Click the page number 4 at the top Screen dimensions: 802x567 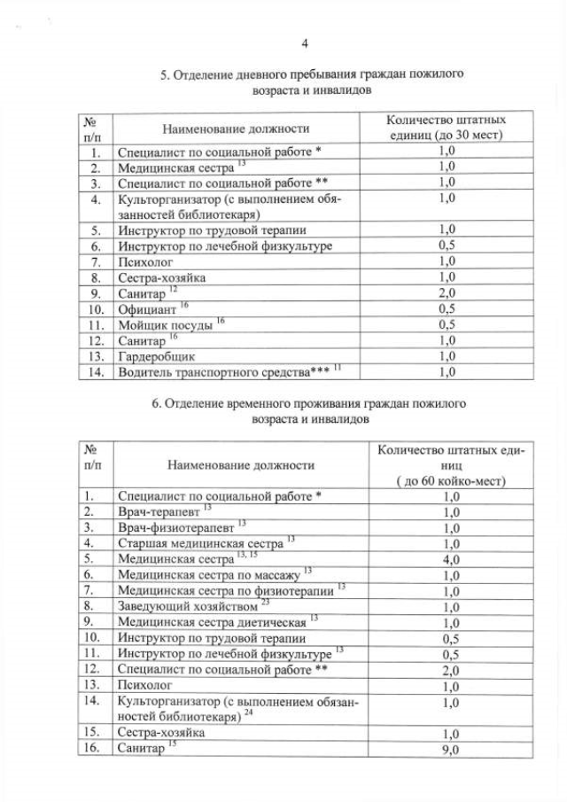click(x=305, y=43)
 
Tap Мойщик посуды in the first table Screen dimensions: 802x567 click(x=165, y=325)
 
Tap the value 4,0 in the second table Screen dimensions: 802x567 click(x=451, y=560)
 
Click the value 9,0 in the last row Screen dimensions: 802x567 click(x=451, y=750)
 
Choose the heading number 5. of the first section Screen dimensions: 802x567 click(x=165, y=75)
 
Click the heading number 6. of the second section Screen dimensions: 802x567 click(x=157, y=403)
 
